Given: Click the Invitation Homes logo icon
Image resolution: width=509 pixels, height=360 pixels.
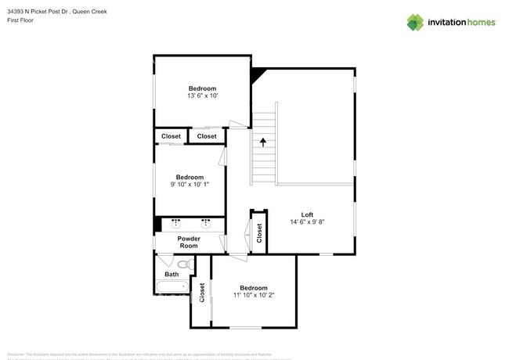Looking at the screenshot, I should (414, 23).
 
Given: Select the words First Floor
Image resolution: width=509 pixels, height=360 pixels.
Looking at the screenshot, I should (20, 20).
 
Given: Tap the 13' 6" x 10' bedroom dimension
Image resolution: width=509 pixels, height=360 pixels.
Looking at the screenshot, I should (202, 96).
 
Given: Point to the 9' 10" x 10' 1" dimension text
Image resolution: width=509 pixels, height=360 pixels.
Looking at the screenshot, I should (190, 185).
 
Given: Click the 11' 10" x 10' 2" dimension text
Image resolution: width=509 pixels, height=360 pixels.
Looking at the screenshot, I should (254, 295).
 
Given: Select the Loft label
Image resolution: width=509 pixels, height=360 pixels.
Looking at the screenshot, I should (307, 214).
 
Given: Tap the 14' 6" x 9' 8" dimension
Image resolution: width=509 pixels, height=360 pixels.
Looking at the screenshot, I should (307, 222).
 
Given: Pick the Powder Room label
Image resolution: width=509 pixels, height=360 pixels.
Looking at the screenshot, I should (189, 242).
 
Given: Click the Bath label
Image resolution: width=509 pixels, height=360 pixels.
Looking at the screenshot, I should (171, 274).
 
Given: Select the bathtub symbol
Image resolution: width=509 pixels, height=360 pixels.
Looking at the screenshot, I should (172, 287).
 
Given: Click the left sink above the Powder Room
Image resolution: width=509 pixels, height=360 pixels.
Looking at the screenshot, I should (175, 223).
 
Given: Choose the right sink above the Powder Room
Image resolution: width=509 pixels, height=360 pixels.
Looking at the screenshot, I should (206, 223).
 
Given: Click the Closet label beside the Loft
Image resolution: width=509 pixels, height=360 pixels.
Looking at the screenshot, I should (259, 233).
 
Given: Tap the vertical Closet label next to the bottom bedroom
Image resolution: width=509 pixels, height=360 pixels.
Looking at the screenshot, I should (202, 292).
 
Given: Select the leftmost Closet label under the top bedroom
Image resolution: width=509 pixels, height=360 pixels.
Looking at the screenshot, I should (171, 136).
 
